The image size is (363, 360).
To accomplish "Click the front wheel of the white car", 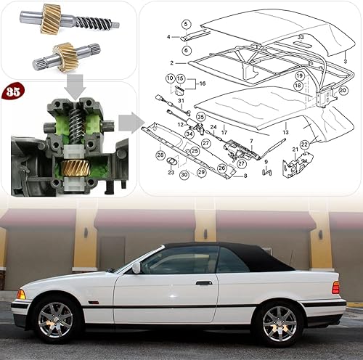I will click(x=55, y=319).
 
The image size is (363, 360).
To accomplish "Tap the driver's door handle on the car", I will click(x=204, y=282).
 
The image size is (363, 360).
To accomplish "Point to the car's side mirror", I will click(x=136, y=268).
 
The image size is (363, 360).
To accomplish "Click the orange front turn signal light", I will click(x=21, y=294).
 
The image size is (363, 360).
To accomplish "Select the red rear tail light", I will click(x=335, y=287).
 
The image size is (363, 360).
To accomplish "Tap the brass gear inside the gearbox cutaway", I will click(x=74, y=168).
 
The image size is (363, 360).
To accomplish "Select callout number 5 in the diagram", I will click(x=186, y=25).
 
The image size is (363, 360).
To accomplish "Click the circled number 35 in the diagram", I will click(x=200, y=116).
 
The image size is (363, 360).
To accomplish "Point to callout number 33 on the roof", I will click(x=301, y=36).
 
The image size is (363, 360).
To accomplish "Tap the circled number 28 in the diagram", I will click(x=160, y=155).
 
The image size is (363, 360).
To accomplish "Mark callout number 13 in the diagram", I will click(x=285, y=133).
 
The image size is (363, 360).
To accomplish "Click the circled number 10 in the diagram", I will click(x=170, y=78).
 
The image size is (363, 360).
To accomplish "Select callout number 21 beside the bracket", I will click(x=295, y=150).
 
